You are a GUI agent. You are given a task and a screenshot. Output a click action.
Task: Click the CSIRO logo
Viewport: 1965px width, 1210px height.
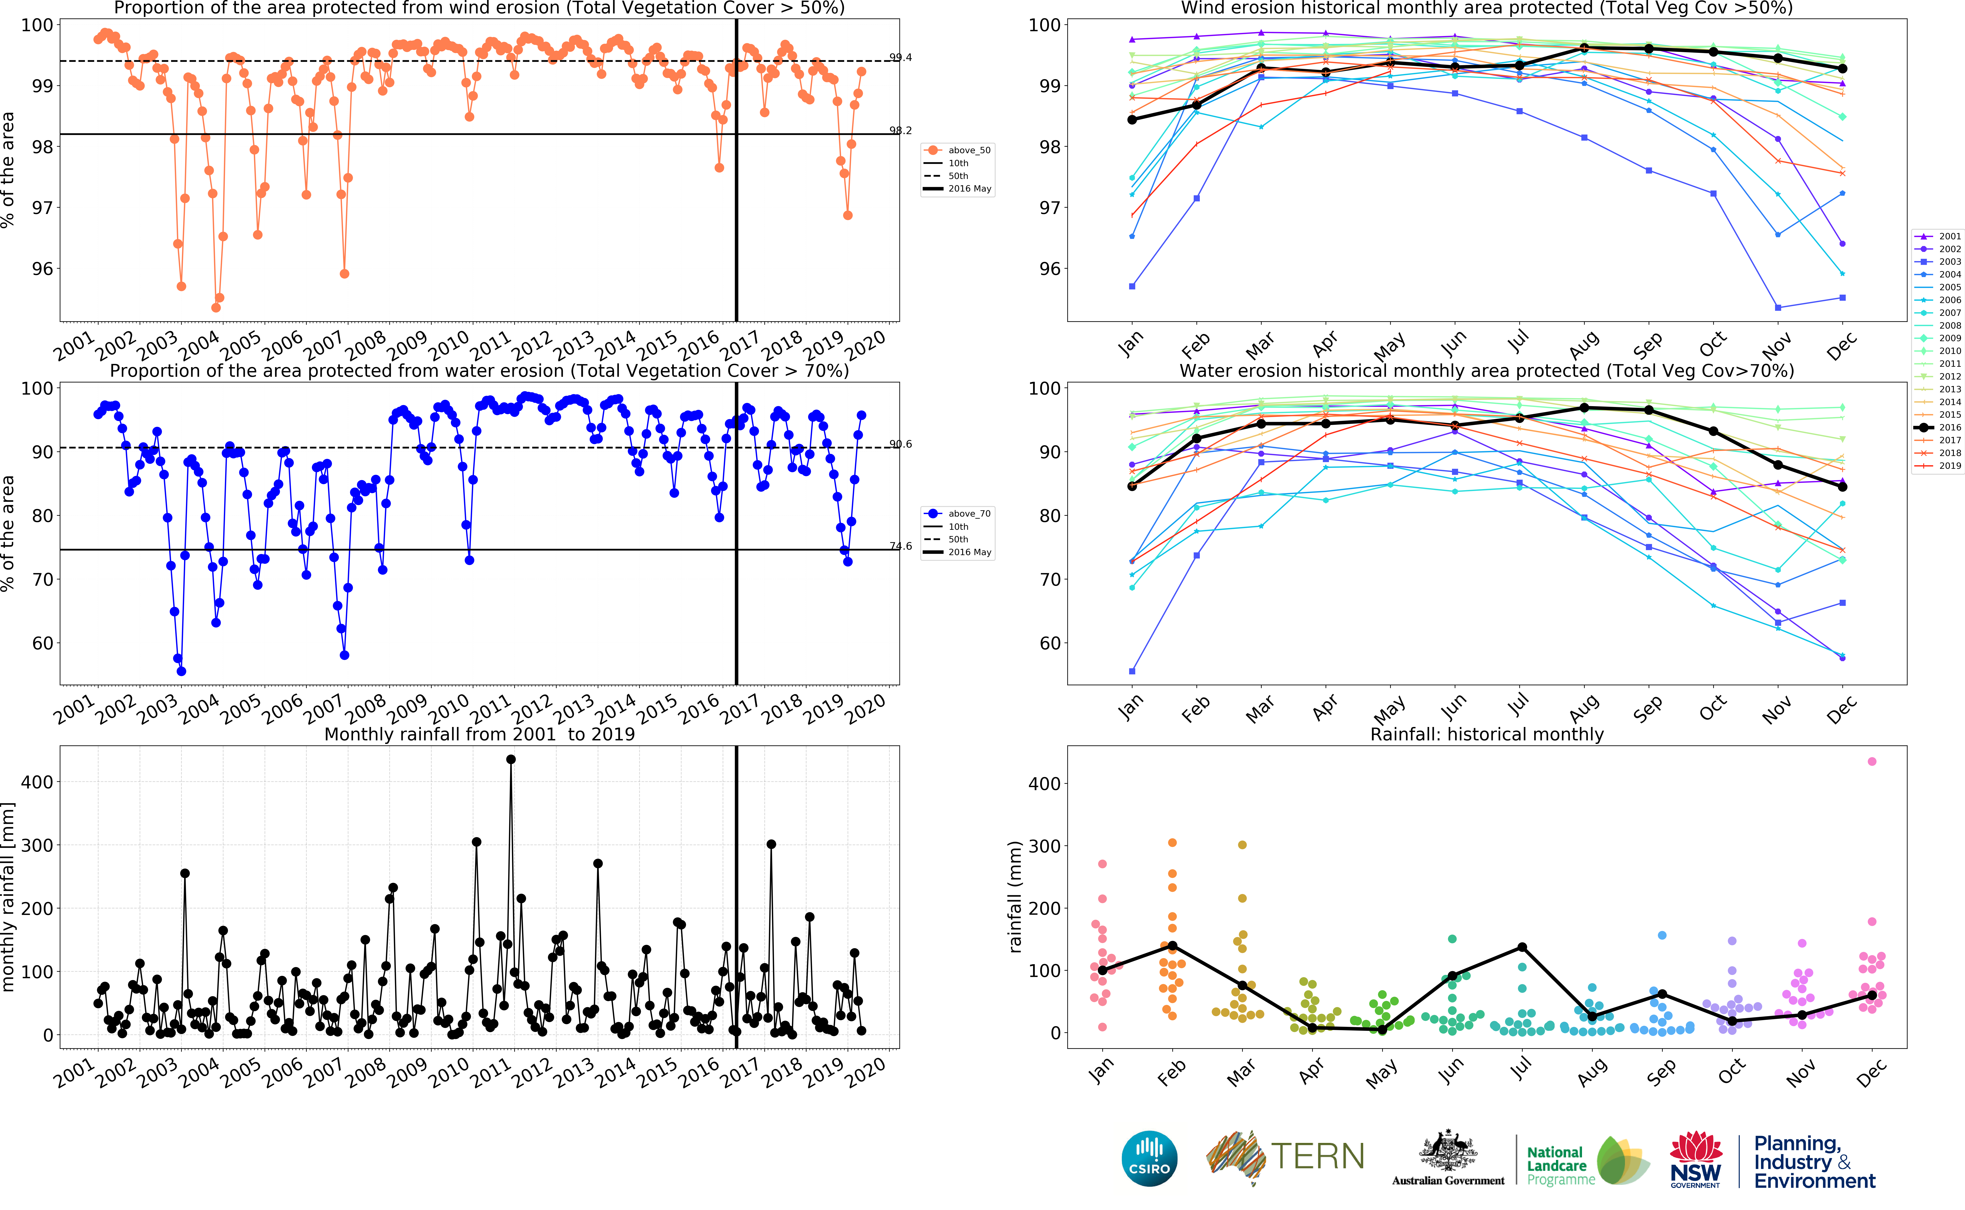coord(1149,1158)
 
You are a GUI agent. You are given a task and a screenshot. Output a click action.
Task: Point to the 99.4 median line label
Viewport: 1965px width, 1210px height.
coord(900,58)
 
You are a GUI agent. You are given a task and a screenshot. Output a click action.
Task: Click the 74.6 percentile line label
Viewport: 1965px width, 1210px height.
coord(900,546)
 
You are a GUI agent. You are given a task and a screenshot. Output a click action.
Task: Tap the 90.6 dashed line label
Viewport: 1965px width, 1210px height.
coord(900,444)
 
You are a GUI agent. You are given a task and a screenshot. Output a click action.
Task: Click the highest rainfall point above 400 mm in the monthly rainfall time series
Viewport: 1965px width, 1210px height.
coord(511,759)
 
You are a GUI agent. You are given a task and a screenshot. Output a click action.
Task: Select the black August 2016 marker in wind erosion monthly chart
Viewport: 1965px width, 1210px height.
coord(1584,48)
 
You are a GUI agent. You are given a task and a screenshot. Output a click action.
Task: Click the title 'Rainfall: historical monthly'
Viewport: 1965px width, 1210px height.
coord(1486,734)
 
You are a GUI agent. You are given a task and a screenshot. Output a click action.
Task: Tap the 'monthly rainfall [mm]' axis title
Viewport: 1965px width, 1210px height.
coord(8,896)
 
